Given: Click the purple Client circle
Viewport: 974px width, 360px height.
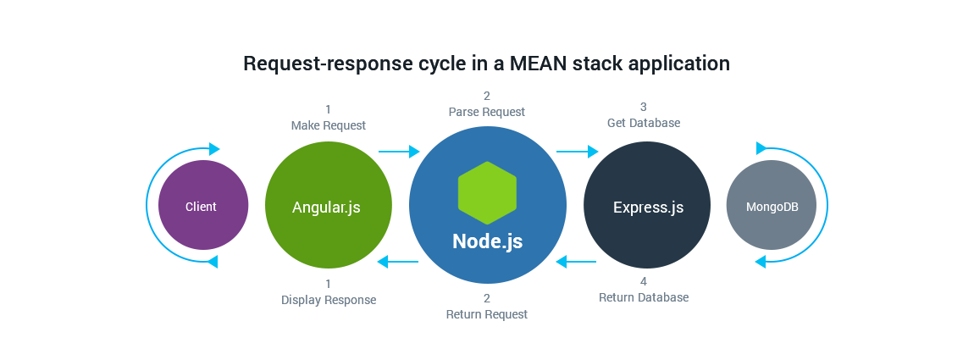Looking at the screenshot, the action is coord(203,205).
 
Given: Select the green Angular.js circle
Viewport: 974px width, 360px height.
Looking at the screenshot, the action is coord(328,205).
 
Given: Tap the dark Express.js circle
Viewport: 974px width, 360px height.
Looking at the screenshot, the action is coord(646,205).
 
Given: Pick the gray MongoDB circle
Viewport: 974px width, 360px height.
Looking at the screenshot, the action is coord(771,205).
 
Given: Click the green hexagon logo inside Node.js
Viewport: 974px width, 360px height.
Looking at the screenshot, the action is coord(487,193).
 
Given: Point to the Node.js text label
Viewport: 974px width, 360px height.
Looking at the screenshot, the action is coord(487,241).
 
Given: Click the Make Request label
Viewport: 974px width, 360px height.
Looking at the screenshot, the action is coord(328,125).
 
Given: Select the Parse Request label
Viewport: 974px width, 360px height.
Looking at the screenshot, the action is coord(487,112).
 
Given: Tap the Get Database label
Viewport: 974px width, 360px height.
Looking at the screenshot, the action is coord(644,123).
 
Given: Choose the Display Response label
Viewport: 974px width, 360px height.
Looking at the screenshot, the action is coord(329,300).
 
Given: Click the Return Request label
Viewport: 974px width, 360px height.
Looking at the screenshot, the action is coord(487,314).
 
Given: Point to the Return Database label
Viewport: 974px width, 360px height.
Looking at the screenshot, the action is coord(644,297).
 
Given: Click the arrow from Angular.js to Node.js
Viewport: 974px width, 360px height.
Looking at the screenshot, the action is coord(399,151).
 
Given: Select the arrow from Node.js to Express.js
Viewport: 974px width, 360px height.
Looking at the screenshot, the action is coord(577,151).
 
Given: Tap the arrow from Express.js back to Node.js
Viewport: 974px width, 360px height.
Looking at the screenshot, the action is coord(576,262).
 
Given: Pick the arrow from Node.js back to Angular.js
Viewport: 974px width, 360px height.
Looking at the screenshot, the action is coord(398,262).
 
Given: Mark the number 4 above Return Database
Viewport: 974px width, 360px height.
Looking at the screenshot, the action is coord(644,282).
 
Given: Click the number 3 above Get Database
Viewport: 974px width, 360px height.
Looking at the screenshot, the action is coord(644,108).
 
